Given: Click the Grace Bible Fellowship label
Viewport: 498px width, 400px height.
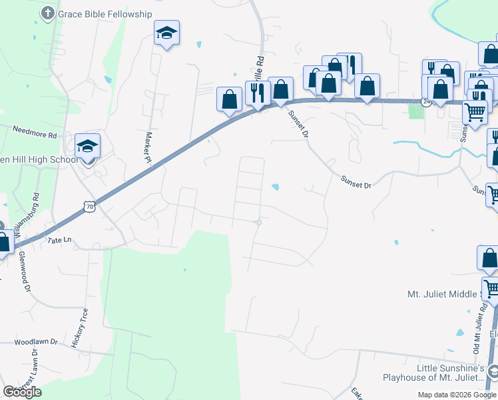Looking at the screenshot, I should pos(105,13).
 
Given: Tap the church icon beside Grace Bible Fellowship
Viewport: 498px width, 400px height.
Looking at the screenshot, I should pos(48,13).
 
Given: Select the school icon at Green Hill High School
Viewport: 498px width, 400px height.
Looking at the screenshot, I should pos(87,145).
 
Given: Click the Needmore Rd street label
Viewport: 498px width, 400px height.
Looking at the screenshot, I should pos(35,133).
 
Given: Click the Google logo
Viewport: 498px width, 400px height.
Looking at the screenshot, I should pos(22,391).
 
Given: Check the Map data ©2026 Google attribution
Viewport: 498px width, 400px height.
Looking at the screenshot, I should pos(457,395).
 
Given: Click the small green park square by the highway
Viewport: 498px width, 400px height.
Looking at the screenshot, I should pos(417,110).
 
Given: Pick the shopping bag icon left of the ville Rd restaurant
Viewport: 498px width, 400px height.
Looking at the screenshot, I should pos(230,99).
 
